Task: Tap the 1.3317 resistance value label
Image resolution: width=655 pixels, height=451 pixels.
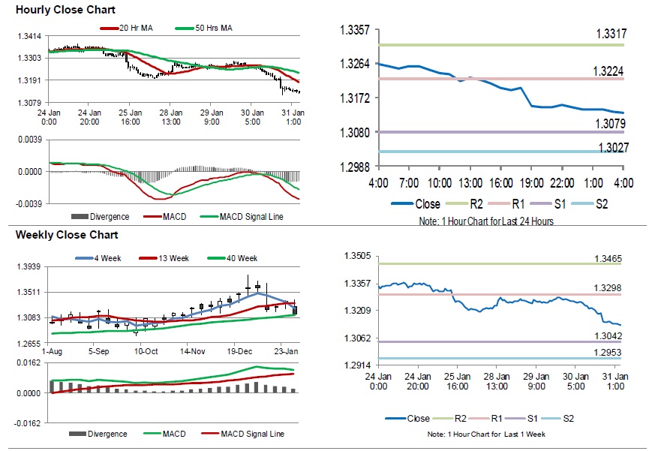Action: [x=611, y=34]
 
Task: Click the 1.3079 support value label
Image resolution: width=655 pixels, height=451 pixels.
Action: [x=611, y=124]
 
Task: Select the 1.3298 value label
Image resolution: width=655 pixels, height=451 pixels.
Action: [x=608, y=288]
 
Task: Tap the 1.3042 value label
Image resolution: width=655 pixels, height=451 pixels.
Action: [x=608, y=335]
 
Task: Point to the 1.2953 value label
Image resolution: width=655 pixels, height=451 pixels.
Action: [x=608, y=352]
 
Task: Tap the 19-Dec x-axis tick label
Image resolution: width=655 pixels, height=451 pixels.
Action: [x=241, y=351]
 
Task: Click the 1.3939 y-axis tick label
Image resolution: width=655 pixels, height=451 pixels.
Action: [x=29, y=267]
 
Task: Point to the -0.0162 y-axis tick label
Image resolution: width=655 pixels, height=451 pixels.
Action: [x=28, y=423]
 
